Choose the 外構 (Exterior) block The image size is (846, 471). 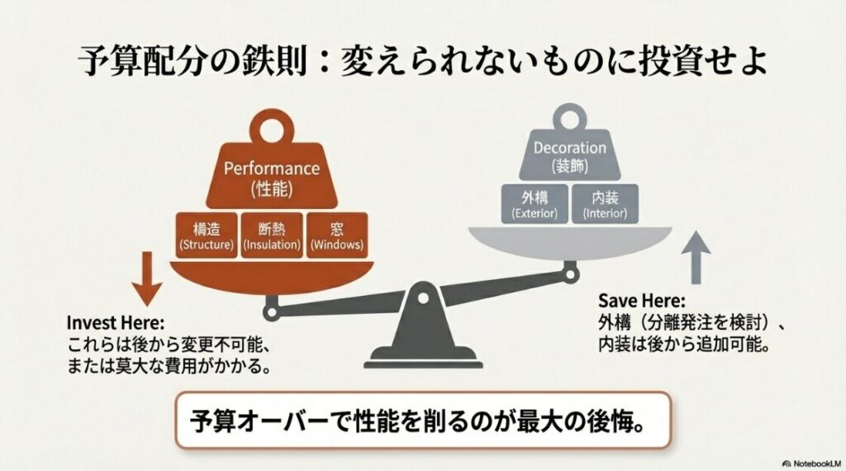[x=535, y=203]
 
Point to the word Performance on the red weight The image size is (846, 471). [x=272, y=169]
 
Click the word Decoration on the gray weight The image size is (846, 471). [x=569, y=149]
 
